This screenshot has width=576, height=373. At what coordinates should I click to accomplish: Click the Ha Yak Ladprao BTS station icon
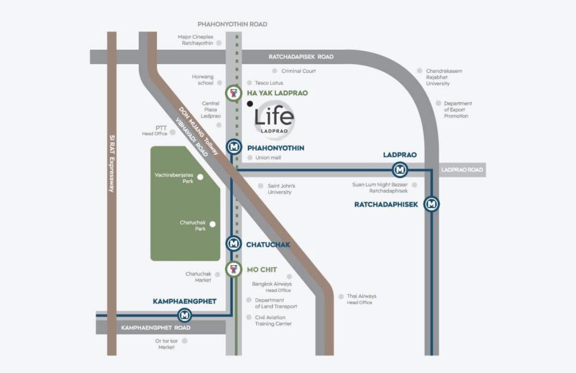click(233, 93)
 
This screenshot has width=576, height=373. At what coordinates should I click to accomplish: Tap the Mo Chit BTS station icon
click(233, 269)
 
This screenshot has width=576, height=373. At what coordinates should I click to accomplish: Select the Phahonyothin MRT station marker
click(234, 147)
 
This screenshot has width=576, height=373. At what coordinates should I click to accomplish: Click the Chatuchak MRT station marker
click(233, 243)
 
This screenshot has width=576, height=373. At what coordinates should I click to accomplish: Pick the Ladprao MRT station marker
click(400, 170)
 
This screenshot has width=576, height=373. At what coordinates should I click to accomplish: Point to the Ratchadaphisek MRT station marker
click(432, 204)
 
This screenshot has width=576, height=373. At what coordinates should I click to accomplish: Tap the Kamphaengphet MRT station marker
click(184, 315)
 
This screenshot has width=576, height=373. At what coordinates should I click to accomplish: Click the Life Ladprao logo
click(275, 120)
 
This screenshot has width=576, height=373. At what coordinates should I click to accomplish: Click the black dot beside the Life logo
click(250, 104)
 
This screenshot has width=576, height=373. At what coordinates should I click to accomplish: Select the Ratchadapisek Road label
click(301, 57)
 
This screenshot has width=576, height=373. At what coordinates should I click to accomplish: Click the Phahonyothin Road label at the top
click(232, 24)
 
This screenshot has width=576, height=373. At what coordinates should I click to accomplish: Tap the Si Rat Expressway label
click(112, 164)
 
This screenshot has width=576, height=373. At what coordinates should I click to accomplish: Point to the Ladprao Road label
click(462, 170)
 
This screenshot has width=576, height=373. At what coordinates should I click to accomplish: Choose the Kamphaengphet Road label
click(156, 328)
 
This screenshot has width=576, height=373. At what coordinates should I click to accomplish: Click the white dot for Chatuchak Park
click(212, 224)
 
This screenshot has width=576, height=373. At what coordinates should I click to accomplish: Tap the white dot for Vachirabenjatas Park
click(200, 177)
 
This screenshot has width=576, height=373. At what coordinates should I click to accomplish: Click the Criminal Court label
click(298, 71)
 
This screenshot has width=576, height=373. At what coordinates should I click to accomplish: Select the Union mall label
click(268, 157)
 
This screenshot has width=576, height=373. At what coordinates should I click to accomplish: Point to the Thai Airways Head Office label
click(361, 299)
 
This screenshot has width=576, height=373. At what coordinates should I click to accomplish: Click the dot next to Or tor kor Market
click(184, 341)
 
